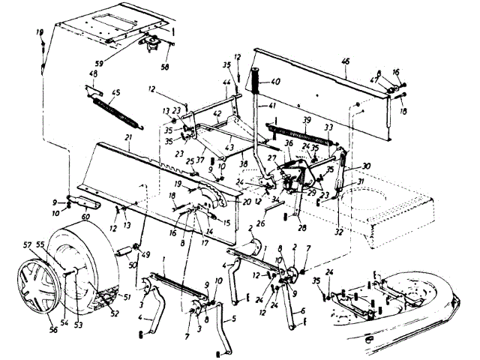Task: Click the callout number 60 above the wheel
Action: pyautogui.click(x=85, y=216)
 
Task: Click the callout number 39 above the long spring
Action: pyautogui.click(x=305, y=120)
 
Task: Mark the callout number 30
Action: pyautogui.click(x=367, y=166)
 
